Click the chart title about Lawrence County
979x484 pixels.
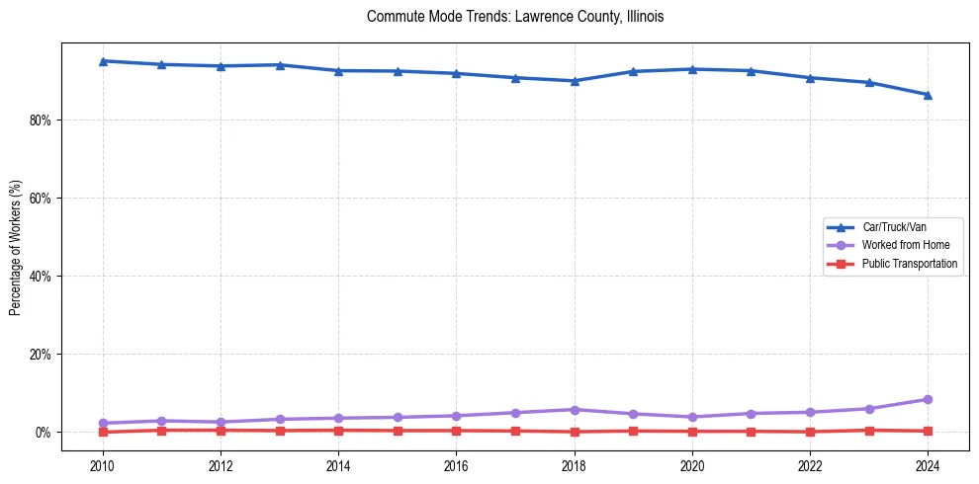tap(514, 17)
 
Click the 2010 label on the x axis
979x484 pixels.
tap(103, 465)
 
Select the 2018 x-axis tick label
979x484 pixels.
tap(575, 465)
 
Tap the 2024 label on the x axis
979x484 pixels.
tap(928, 465)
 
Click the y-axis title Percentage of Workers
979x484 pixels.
tap(16, 247)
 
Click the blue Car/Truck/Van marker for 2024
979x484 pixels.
tap(928, 95)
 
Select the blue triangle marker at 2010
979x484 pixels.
tap(103, 61)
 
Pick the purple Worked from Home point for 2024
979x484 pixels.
tap(928, 399)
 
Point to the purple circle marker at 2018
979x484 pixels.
tap(575, 409)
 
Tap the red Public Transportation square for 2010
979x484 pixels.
tap(103, 432)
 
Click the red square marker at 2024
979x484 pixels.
tap(928, 431)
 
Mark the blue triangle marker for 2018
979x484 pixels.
tap(575, 81)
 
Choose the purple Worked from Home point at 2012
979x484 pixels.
tap(221, 422)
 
